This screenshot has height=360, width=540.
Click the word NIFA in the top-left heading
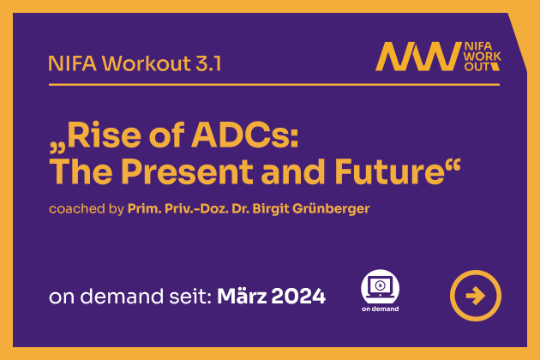[x=73, y=63]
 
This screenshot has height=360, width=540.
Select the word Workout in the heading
[x=147, y=63]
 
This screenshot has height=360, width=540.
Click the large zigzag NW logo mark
[x=418, y=57]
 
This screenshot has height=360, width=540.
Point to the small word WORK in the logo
[x=483, y=57]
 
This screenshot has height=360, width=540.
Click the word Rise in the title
[x=105, y=135]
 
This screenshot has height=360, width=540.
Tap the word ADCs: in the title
[x=245, y=135]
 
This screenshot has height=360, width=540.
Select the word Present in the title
[x=188, y=171]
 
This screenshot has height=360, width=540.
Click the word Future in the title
[x=389, y=171]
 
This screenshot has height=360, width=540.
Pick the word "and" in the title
[x=293, y=171]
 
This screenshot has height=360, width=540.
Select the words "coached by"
[x=86, y=209]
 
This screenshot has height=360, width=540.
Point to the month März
[x=242, y=296]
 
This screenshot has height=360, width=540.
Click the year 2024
[x=298, y=296]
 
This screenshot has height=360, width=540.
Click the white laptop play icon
[x=380, y=286]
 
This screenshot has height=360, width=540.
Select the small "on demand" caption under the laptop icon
[x=381, y=309]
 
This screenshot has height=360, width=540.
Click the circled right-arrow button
[x=476, y=296]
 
